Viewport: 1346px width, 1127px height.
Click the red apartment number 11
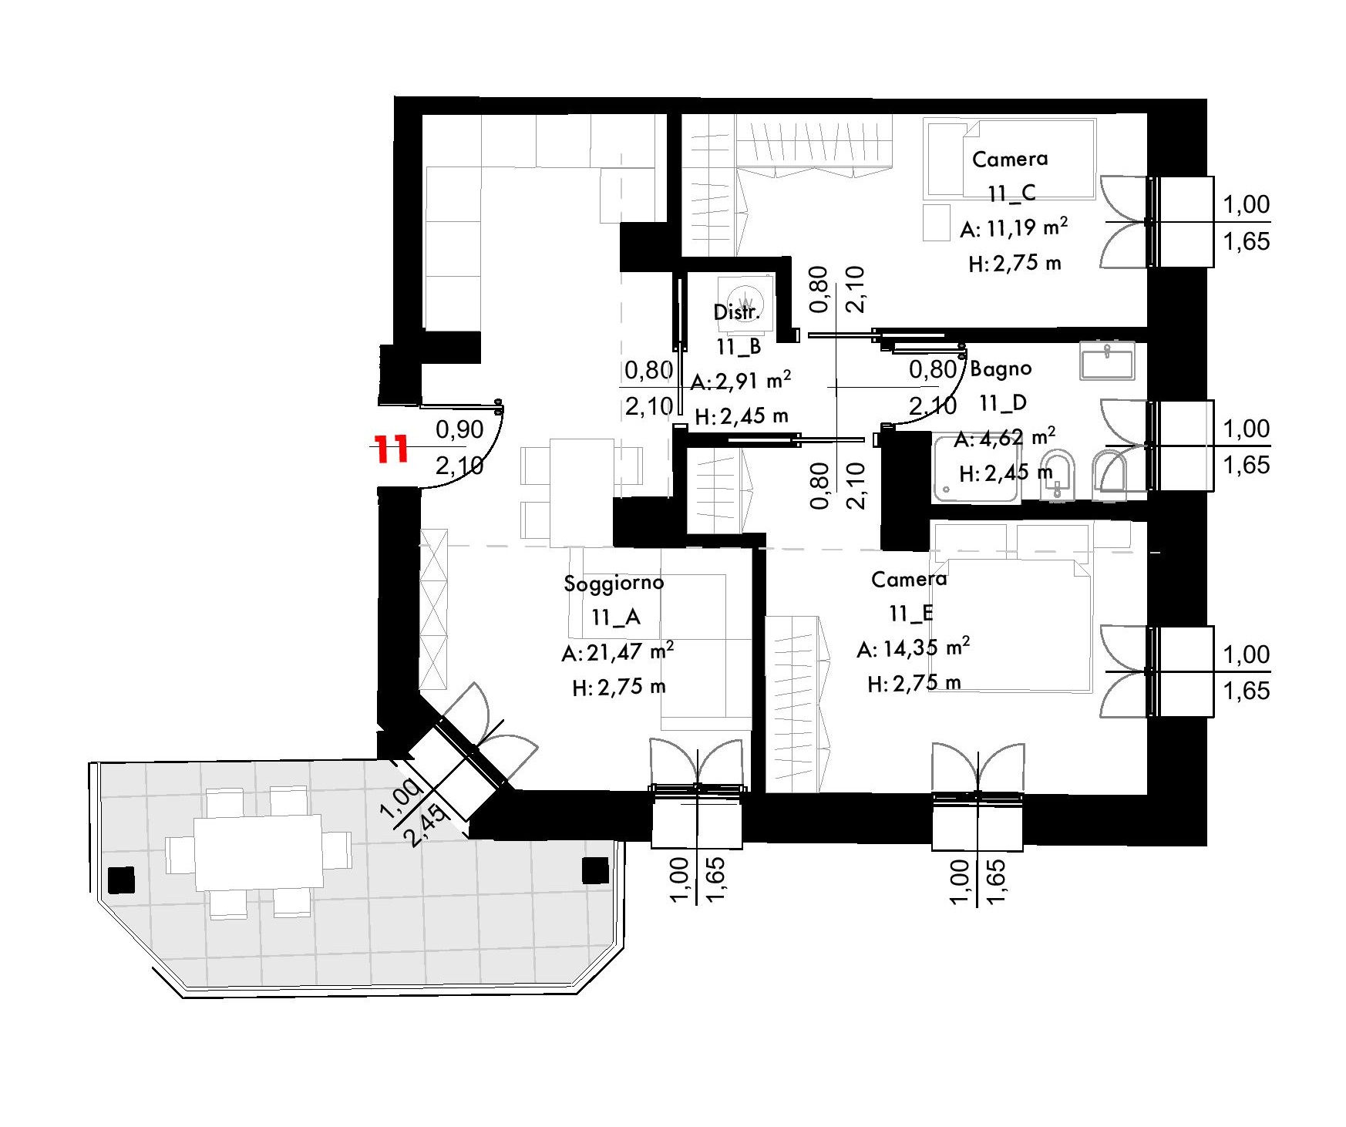pyautogui.click(x=390, y=448)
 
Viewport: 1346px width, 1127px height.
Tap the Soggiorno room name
pyautogui.click(x=614, y=583)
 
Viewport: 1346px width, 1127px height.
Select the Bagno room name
pyautogui.click(x=1001, y=369)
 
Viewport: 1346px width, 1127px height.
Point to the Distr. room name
pyautogui.click(x=737, y=312)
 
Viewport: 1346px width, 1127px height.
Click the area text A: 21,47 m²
pyautogui.click(x=617, y=652)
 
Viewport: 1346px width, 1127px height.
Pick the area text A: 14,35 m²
pyautogui.click(x=913, y=648)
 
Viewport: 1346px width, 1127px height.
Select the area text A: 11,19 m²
pyautogui.click(x=1014, y=228)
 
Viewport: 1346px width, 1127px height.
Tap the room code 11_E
pyautogui.click(x=911, y=614)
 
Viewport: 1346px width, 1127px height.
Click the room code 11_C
pyautogui.click(x=1011, y=193)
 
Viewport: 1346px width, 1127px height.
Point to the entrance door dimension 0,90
pyautogui.click(x=459, y=429)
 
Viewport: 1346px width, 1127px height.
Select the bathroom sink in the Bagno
pyautogui.click(x=1107, y=361)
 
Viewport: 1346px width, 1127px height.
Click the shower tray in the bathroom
pyautogui.click(x=976, y=469)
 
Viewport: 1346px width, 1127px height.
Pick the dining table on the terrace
pyautogui.click(x=258, y=853)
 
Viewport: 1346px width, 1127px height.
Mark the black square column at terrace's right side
pyautogui.click(x=595, y=870)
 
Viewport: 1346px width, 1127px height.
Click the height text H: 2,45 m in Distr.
pyautogui.click(x=742, y=417)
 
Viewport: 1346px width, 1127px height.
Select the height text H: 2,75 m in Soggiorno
pyautogui.click(x=619, y=687)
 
